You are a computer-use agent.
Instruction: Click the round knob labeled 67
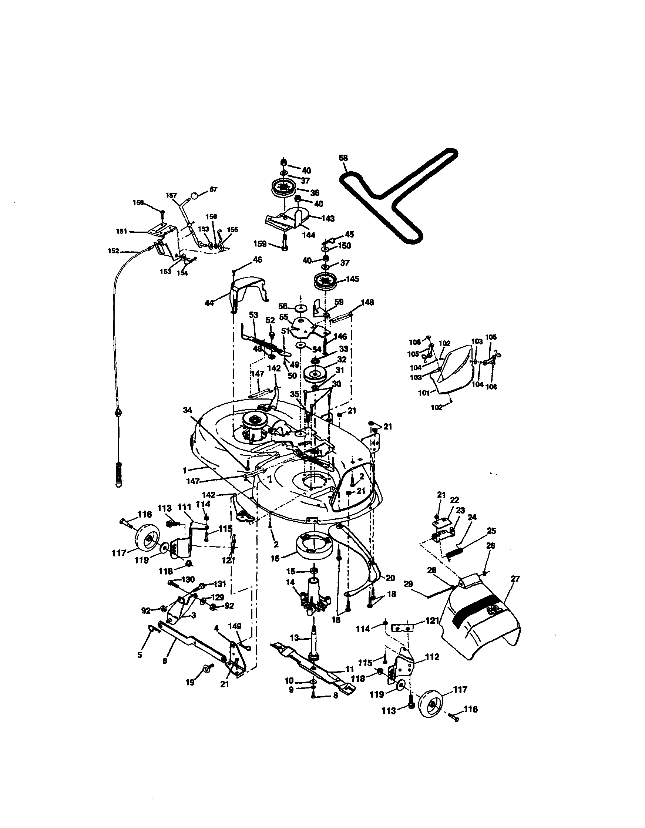pos(194,196)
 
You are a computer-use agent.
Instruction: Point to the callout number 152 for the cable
pos(113,250)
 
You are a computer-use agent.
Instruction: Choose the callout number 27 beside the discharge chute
pos(515,579)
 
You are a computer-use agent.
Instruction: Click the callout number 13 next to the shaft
pos(295,638)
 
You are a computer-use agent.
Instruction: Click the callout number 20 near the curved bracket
pos(390,578)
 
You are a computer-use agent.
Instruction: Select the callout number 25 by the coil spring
pos(491,531)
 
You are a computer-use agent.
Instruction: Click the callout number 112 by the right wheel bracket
pos(432,657)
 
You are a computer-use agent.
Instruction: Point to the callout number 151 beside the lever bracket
pos(122,231)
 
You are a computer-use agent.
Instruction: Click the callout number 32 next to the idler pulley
pos(341,359)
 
